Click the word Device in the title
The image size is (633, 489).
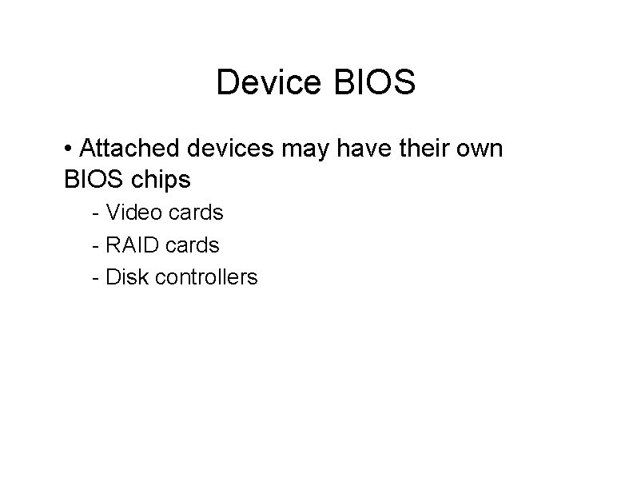(x=266, y=83)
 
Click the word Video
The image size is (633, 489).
(x=133, y=213)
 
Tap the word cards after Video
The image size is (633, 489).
(x=194, y=213)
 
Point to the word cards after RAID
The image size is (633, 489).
(x=191, y=245)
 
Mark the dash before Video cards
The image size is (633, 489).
(x=96, y=214)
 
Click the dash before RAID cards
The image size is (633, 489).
(x=96, y=246)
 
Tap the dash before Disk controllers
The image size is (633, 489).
(x=96, y=278)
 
